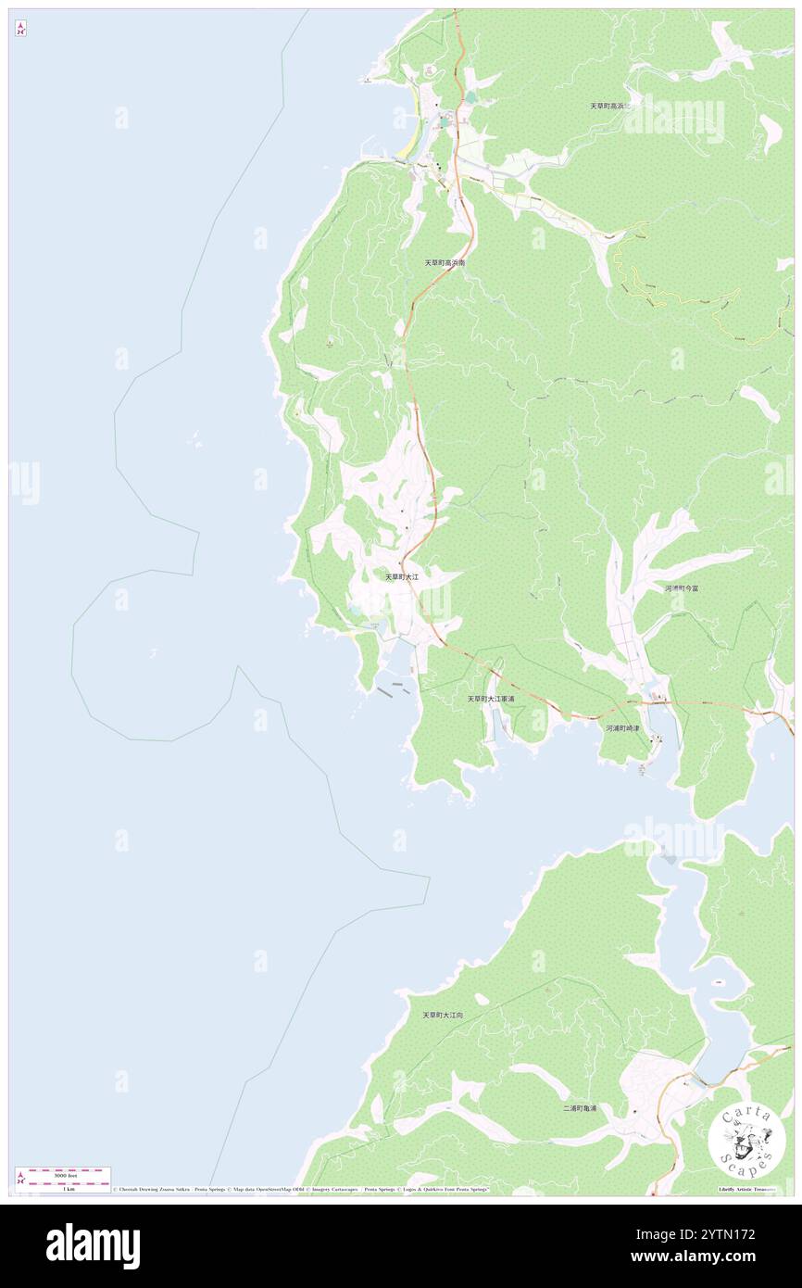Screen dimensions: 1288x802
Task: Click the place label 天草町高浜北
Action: pyautogui.click(x=609, y=107)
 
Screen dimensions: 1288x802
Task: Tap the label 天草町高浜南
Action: pyautogui.click(x=445, y=263)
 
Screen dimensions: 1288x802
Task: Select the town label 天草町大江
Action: pyautogui.click(x=402, y=576)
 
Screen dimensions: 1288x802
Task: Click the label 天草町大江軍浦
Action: pyautogui.click(x=490, y=699)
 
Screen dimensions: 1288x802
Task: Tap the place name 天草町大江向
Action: pyautogui.click(x=443, y=1016)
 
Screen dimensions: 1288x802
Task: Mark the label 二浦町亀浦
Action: pyautogui.click(x=580, y=1108)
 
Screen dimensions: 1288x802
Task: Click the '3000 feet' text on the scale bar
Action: pyautogui.click(x=64, y=1175)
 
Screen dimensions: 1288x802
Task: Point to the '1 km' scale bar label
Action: pyautogui.click(x=64, y=1189)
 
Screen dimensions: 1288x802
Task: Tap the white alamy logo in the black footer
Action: pyautogui.click(x=93, y=1246)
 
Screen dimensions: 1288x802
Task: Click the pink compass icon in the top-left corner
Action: pyautogui.click(x=21, y=30)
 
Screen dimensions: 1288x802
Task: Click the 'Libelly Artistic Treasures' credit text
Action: pyautogui.click(x=750, y=1189)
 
